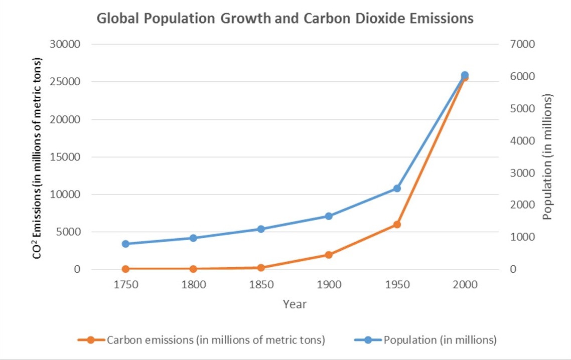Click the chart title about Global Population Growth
[284, 19]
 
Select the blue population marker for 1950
[397, 189]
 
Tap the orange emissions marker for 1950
[397, 225]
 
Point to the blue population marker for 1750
[125, 244]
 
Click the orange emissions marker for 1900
[329, 255]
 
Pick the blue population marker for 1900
[329, 216]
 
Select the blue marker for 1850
[261, 229]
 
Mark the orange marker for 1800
[193, 269]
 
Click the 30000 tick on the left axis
[66, 44]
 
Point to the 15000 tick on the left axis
[66, 157]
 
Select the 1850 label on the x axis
[261, 285]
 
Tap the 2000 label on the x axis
[465, 285]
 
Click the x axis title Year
[295, 304]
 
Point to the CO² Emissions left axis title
[37, 158]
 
